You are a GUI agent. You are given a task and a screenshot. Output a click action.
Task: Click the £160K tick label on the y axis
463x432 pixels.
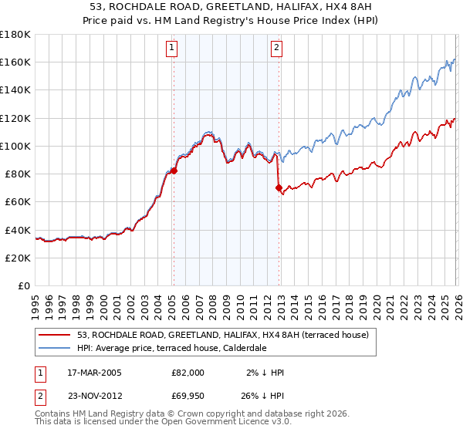[x=15, y=62]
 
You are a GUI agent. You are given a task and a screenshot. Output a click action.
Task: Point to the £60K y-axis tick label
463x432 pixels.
[x=18, y=201]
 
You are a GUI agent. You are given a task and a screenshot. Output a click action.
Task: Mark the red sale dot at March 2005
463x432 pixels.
[x=174, y=171]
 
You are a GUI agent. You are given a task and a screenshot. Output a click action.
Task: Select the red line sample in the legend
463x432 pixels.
[x=55, y=335]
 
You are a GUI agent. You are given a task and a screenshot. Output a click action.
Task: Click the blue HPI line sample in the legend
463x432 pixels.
[x=55, y=348]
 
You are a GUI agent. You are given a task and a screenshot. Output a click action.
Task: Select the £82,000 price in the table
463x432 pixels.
[x=188, y=373]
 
